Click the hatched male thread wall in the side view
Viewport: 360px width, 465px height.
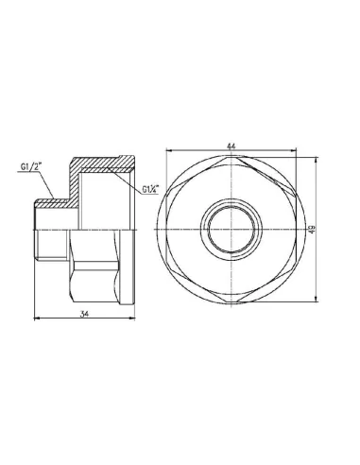tap(48, 202)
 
